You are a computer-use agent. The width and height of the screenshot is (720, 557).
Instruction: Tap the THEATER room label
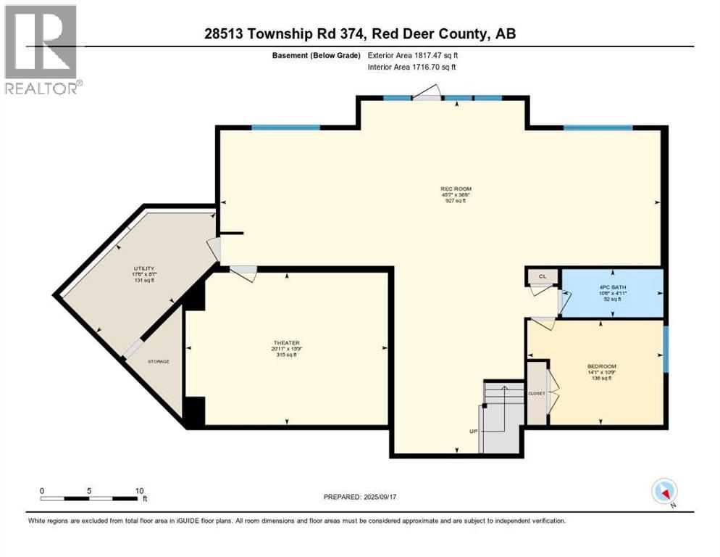click(286, 343)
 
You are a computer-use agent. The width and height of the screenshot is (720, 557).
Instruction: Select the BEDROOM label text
click(601, 366)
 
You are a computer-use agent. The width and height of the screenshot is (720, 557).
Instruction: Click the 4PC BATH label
click(612, 286)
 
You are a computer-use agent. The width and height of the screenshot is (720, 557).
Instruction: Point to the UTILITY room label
click(143, 268)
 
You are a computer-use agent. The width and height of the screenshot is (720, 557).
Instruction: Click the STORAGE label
click(159, 361)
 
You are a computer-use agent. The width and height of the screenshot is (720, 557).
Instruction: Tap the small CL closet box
click(543, 276)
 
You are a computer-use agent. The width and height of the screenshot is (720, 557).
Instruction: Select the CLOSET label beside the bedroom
click(537, 393)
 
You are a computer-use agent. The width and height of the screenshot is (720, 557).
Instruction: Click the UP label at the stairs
click(474, 432)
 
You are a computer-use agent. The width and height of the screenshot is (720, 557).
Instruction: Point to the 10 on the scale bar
click(140, 490)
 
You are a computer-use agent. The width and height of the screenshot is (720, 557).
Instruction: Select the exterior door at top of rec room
click(426, 93)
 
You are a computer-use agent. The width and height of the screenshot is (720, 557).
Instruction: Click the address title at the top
click(360, 33)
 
